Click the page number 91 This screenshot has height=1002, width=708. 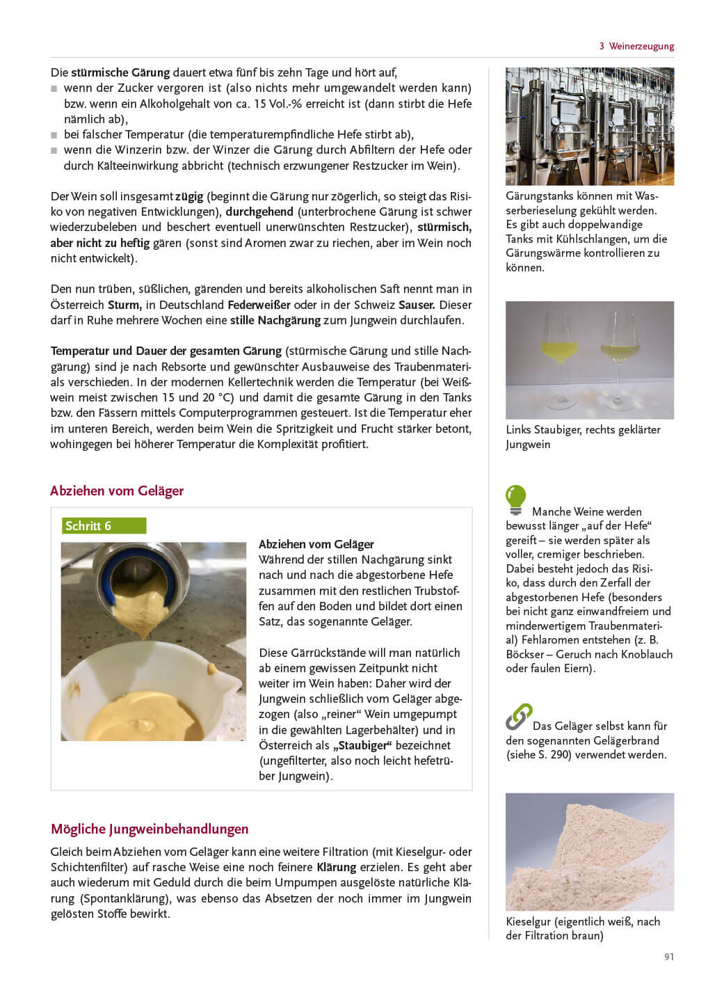(669, 957)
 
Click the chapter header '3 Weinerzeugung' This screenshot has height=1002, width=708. (636, 46)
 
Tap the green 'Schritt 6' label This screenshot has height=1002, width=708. (104, 525)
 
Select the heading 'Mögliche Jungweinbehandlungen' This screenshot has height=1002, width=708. (150, 829)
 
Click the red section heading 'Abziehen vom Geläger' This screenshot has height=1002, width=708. (117, 491)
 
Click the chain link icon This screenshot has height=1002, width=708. (518, 717)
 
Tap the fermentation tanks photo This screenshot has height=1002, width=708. (589, 126)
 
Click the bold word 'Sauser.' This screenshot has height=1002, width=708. (417, 305)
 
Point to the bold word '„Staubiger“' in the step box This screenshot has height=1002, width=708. (362, 745)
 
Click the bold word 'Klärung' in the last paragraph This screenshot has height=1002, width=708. (336, 867)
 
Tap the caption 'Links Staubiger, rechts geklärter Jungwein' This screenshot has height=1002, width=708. (582, 437)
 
